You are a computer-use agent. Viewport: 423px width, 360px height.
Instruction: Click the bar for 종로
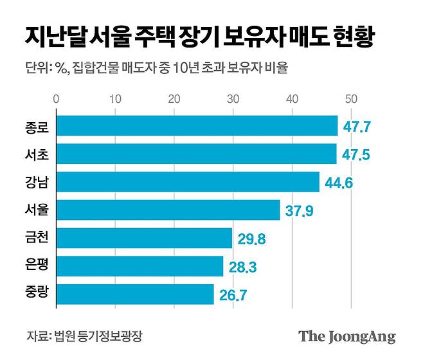(197, 126)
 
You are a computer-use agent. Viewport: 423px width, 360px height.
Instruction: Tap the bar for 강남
(188, 182)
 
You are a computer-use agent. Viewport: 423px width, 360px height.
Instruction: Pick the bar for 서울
(168, 210)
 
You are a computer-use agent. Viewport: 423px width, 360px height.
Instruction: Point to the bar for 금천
(144, 239)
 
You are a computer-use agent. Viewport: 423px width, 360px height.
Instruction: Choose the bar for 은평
(139, 266)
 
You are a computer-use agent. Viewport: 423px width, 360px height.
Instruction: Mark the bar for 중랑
(135, 294)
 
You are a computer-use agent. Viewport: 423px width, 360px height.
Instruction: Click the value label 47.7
(357, 127)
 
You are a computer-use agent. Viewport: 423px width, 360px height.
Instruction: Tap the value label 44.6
(338, 183)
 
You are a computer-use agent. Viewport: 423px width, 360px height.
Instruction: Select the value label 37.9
(299, 211)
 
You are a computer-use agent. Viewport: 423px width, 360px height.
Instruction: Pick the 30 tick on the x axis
(233, 99)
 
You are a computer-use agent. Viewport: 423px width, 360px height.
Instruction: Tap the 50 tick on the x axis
(351, 99)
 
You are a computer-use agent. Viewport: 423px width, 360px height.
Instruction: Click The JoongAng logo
(346, 336)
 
